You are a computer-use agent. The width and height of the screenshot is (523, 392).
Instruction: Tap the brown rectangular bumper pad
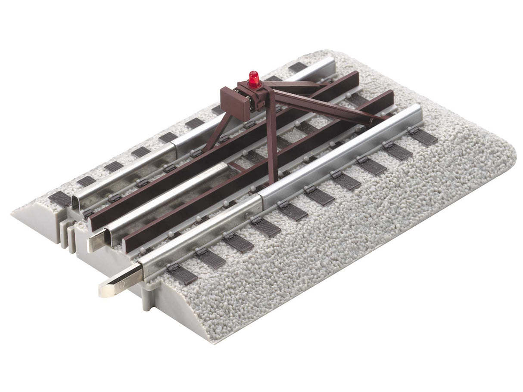point(235,103)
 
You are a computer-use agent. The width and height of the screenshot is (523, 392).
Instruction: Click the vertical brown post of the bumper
point(271,142)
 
